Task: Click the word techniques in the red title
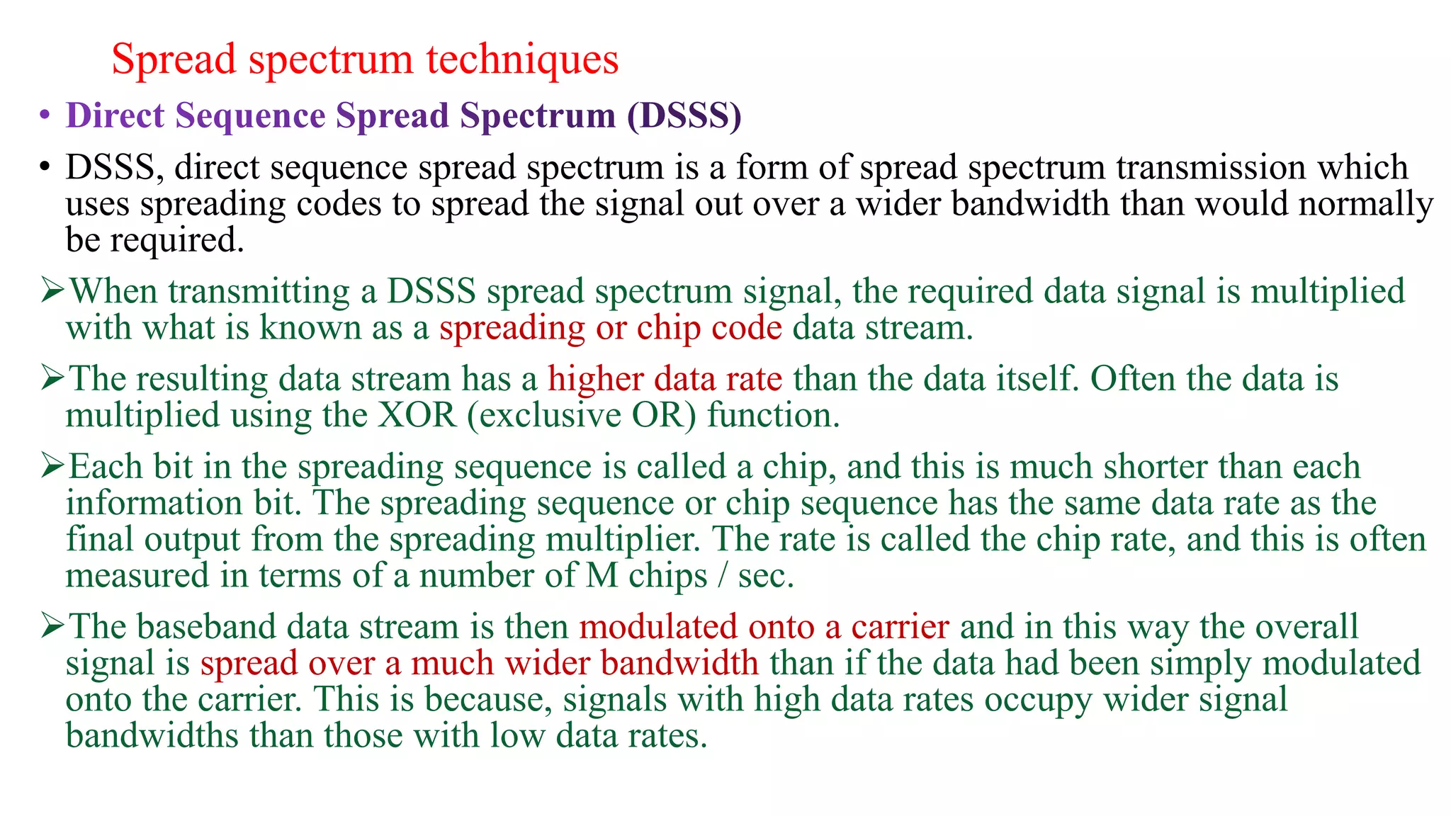(x=522, y=59)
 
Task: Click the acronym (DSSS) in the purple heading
(x=684, y=115)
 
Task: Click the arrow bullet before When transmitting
(x=53, y=290)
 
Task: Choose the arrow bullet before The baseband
(x=53, y=626)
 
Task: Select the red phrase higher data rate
(x=665, y=379)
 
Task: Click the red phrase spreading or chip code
(x=611, y=328)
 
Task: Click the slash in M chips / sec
(x=723, y=575)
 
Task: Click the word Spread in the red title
(x=174, y=59)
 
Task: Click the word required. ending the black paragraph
(x=176, y=241)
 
